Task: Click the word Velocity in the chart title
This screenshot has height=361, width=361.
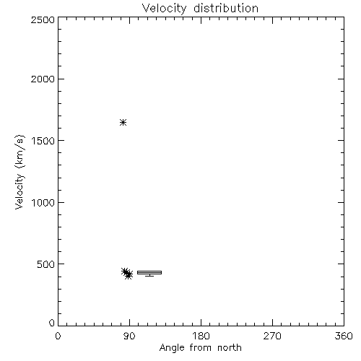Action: coord(164,9)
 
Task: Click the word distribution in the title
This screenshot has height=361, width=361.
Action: coord(226,8)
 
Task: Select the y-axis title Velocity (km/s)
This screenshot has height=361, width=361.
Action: coord(19,173)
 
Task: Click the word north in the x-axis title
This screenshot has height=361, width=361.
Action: coord(230,347)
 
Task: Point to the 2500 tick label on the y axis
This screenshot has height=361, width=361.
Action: coord(43,19)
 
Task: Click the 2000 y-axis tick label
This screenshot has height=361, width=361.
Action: coord(43,79)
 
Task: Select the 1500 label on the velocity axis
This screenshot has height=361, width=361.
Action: coord(43,141)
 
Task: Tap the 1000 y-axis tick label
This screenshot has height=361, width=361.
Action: coord(43,203)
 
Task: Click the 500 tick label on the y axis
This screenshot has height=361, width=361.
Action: coord(46,264)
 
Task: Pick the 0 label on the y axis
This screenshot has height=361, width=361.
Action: coord(52,323)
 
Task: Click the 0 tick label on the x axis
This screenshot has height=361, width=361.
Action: coord(58,336)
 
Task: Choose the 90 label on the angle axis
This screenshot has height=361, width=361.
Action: coord(129,336)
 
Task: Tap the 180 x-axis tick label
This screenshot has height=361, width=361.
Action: coord(201,336)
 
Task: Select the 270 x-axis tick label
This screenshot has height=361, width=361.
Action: coord(272,336)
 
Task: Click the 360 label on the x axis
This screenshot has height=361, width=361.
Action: coord(344,336)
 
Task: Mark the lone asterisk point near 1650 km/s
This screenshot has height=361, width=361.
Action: coord(123,123)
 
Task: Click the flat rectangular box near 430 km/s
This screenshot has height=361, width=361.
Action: coord(149,272)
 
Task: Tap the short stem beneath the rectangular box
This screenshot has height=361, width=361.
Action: coord(149,275)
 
